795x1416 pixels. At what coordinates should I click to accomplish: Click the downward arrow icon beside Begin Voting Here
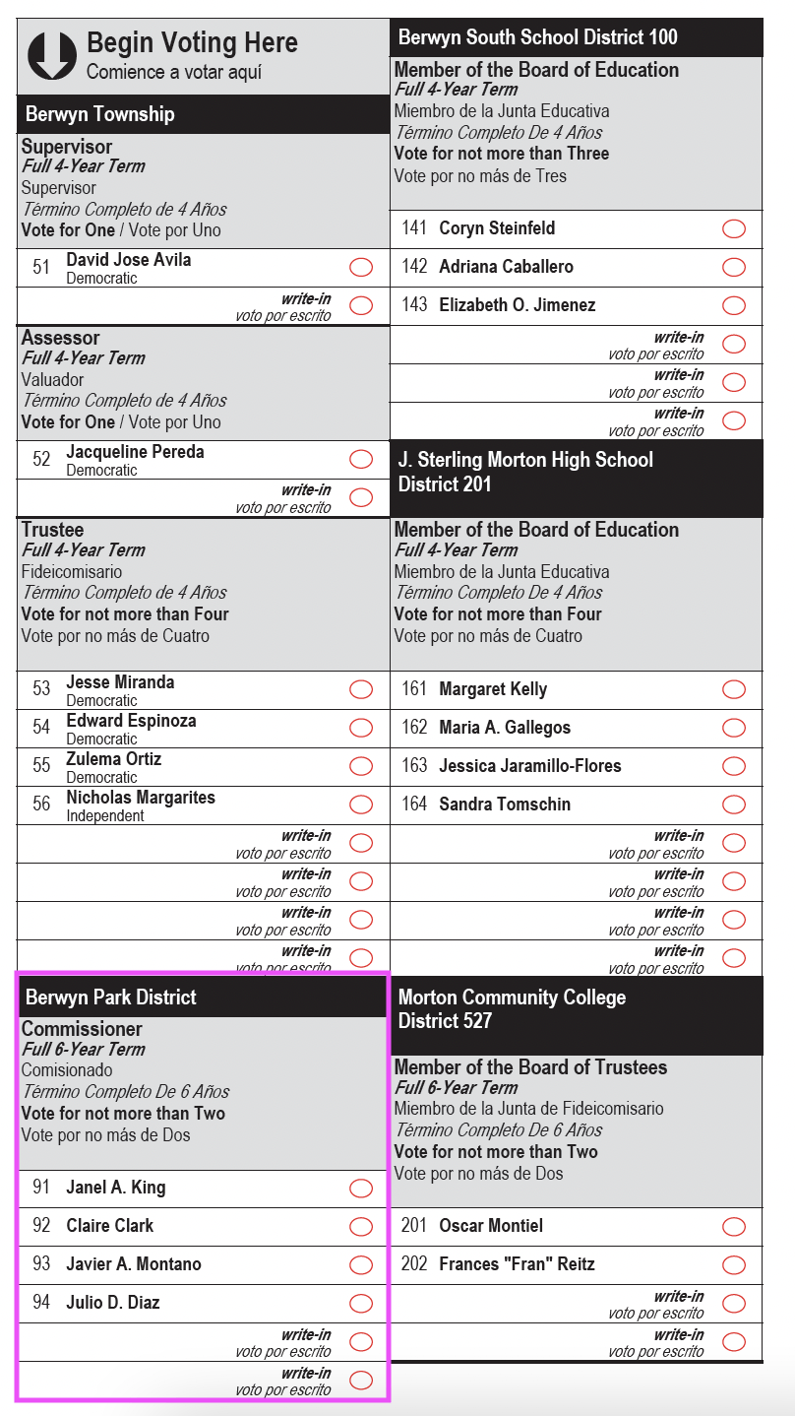pos(52,55)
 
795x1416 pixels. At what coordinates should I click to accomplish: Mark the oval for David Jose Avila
pos(361,268)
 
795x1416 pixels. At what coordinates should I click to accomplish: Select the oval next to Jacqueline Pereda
pos(361,460)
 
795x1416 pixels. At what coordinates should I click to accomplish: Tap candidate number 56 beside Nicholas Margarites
pos(41,805)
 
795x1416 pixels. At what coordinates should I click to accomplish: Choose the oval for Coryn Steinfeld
pos(734,229)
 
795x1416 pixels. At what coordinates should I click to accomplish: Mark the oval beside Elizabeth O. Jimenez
pos(734,306)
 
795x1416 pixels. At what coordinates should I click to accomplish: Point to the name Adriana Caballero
pos(506,267)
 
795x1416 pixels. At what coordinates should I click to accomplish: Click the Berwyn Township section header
pos(99,114)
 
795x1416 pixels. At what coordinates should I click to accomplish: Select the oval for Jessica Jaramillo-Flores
pos(734,766)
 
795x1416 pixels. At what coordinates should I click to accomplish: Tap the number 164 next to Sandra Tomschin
pos(414,805)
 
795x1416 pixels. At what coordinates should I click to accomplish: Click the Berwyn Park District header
pos(111,998)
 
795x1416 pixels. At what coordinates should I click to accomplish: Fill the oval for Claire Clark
pos(361,1227)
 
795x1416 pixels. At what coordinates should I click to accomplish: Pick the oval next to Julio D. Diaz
pos(361,1304)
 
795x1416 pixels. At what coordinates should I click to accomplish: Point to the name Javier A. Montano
pos(134,1264)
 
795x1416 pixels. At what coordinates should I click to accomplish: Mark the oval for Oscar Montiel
pos(734,1227)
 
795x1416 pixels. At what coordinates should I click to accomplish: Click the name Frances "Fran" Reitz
pos(517,1264)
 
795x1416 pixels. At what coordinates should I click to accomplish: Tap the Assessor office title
pos(61,338)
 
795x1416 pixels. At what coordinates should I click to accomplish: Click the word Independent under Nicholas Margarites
pos(105,816)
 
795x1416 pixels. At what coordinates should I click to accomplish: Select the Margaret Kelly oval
pos(734,689)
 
